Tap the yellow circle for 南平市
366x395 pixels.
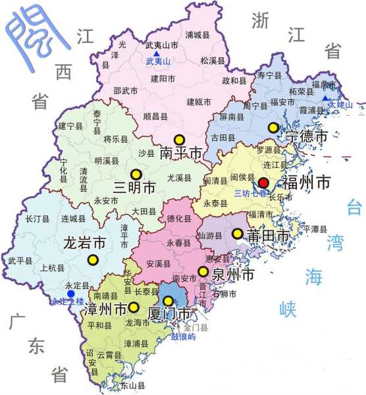click(x=178, y=140)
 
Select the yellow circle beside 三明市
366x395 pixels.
click(x=136, y=174)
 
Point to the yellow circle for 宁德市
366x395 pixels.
click(x=273, y=128)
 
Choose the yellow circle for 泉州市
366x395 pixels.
click(x=203, y=272)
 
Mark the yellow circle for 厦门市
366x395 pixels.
click(x=169, y=302)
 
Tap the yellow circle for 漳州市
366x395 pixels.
click(x=134, y=307)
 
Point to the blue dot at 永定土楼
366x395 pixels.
click(x=69, y=294)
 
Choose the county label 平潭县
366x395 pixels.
click(x=315, y=229)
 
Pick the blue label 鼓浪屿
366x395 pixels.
click(x=183, y=337)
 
